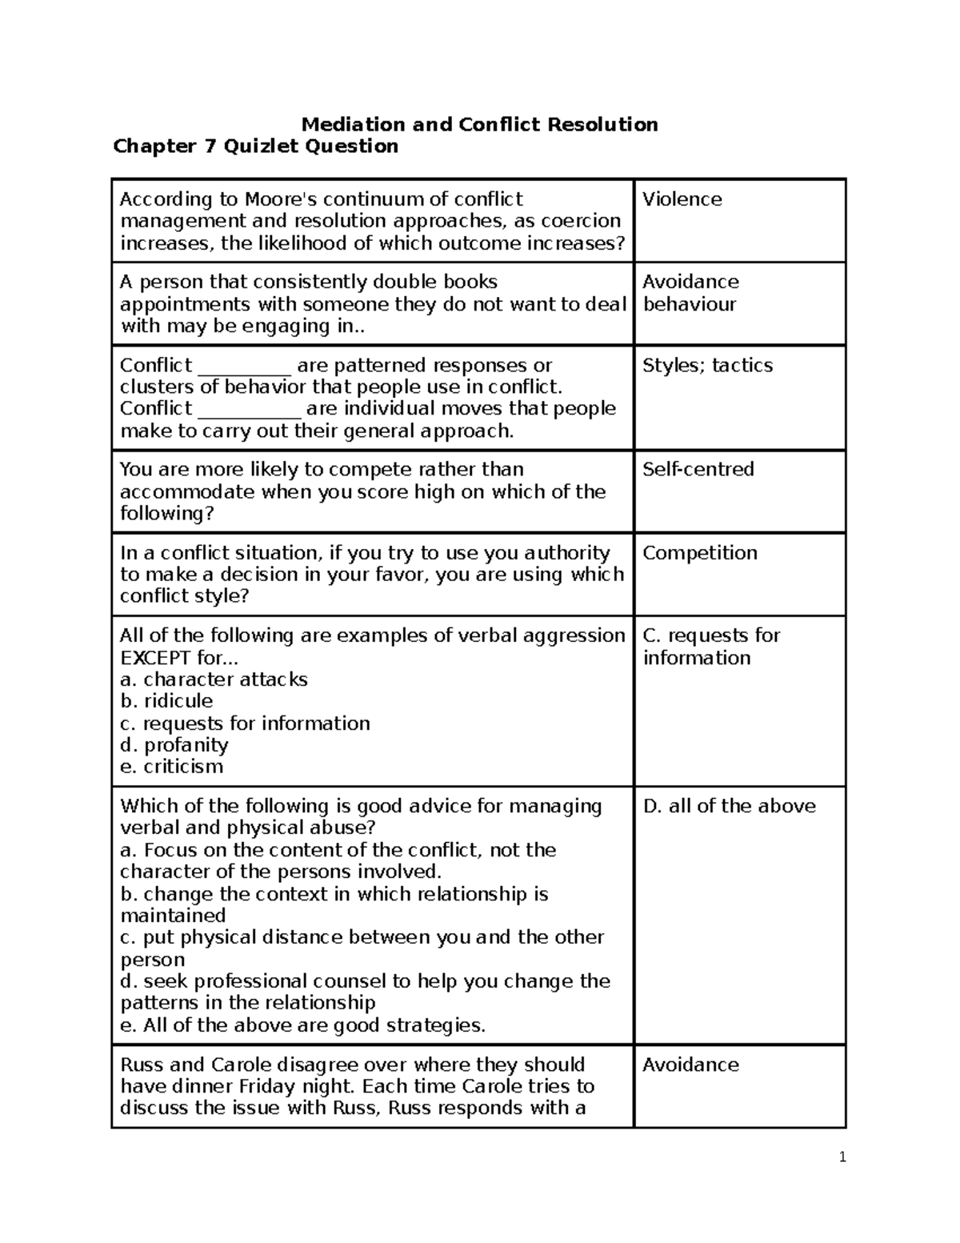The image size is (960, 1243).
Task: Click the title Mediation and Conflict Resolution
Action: (x=479, y=124)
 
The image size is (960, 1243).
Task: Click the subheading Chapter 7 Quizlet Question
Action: (x=255, y=146)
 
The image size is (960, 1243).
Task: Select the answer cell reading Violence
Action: (x=682, y=199)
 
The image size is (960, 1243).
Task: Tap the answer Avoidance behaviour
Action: (x=690, y=293)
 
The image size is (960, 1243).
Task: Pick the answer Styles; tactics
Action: (x=707, y=365)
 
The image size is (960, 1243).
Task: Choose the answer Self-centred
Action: (x=698, y=469)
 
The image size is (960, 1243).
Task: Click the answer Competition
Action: (x=699, y=553)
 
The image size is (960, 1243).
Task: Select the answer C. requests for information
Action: (x=710, y=646)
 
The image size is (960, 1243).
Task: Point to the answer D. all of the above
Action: (x=729, y=806)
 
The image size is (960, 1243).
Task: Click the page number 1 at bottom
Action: (x=842, y=1157)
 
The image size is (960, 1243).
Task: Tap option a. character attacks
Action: (x=214, y=680)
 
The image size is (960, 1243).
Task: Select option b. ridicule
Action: (x=166, y=701)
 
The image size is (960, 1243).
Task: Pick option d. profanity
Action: (x=174, y=745)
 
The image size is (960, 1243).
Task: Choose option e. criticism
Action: (x=171, y=767)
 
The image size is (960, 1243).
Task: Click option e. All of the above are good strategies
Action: (x=302, y=1025)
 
